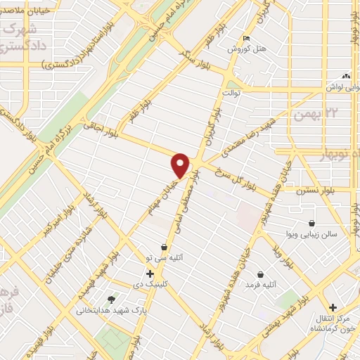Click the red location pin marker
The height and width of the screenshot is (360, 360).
pyautogui.click(x=181, y=165)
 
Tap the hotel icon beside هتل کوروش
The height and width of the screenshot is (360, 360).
pyautogui.click(x=245, y=38)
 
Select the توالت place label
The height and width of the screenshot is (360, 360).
pyautogui.click(x=232, y=92)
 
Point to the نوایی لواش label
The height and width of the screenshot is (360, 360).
pyautogui.click(x=335, y=86)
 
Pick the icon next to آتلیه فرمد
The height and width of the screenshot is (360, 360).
pyautogui.click(x=261, y=274)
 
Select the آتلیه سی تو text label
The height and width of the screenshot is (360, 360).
pyautogui.click(x=180, y=258)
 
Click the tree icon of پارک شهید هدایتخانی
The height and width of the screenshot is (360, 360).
pyautogui.click(x=110, y=299)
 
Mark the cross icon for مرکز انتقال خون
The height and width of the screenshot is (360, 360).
pyautogui.click(x=333, y=307)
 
